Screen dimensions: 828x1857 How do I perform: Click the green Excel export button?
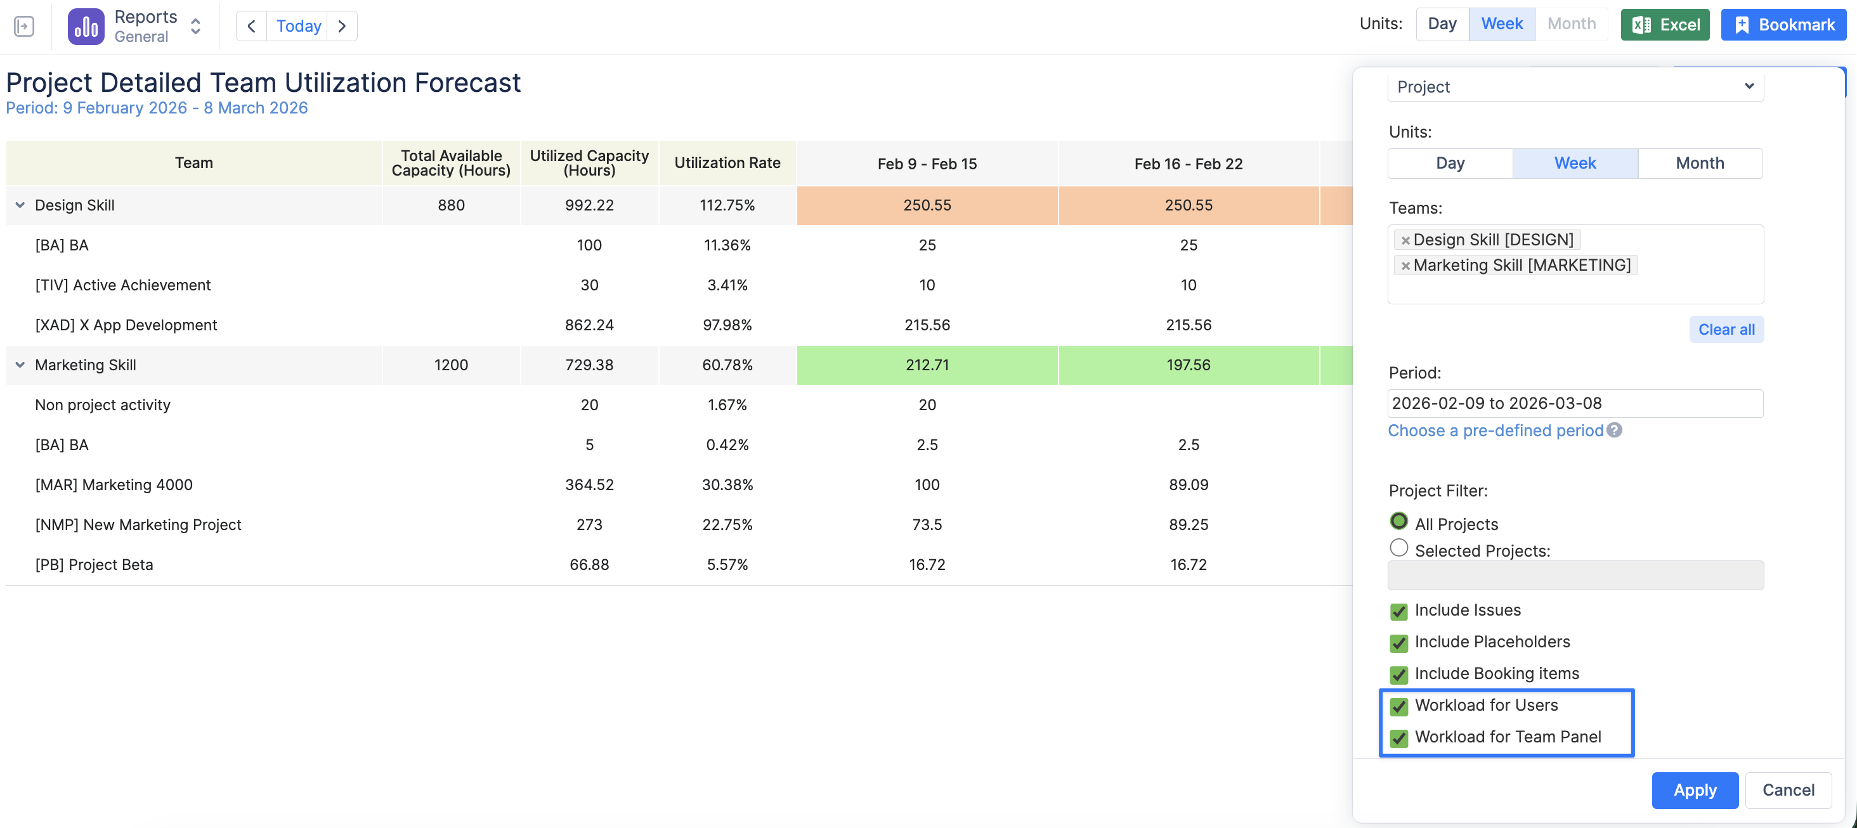pyautogui.click(x=1665, y=25)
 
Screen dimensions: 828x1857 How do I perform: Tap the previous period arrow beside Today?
pyautogui.click(x=252, y=26)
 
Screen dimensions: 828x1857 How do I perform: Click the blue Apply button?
pyautogui.click(x=1694, y=790)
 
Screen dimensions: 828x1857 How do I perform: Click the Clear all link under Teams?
pyautogui.click(x=1726, y=329)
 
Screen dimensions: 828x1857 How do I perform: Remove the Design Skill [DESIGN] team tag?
pyautogui.click(x=1405, y=240)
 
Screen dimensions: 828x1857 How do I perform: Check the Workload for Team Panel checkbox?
pyautogui.click(x=1398, y=738)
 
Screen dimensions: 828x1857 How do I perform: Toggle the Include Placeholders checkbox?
pyautogui.click(x=1398, y=643)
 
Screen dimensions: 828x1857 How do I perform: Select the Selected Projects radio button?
pyautogui.click(x=1398, y=548)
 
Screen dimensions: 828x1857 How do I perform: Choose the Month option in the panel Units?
pyautogui.click(x=1699, y=163)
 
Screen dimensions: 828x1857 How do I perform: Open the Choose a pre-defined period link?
pyautogui.click(x=1495, y=430)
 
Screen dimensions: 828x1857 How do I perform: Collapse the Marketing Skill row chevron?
pyautogui.click(x=20, y=365)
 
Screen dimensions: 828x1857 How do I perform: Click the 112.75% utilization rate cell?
pyautogui.click(x=727, y=205)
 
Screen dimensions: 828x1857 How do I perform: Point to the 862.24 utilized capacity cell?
pyautogui.click(x=589, y=325)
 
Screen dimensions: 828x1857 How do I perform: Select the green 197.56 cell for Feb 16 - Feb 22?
pyautogui.click(x=1188, y=365)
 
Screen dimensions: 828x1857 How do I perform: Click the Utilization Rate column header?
pyautogui.click(x=727, y=163)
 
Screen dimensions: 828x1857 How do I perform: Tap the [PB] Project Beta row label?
pyautogui.click(x=94, y=564)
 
